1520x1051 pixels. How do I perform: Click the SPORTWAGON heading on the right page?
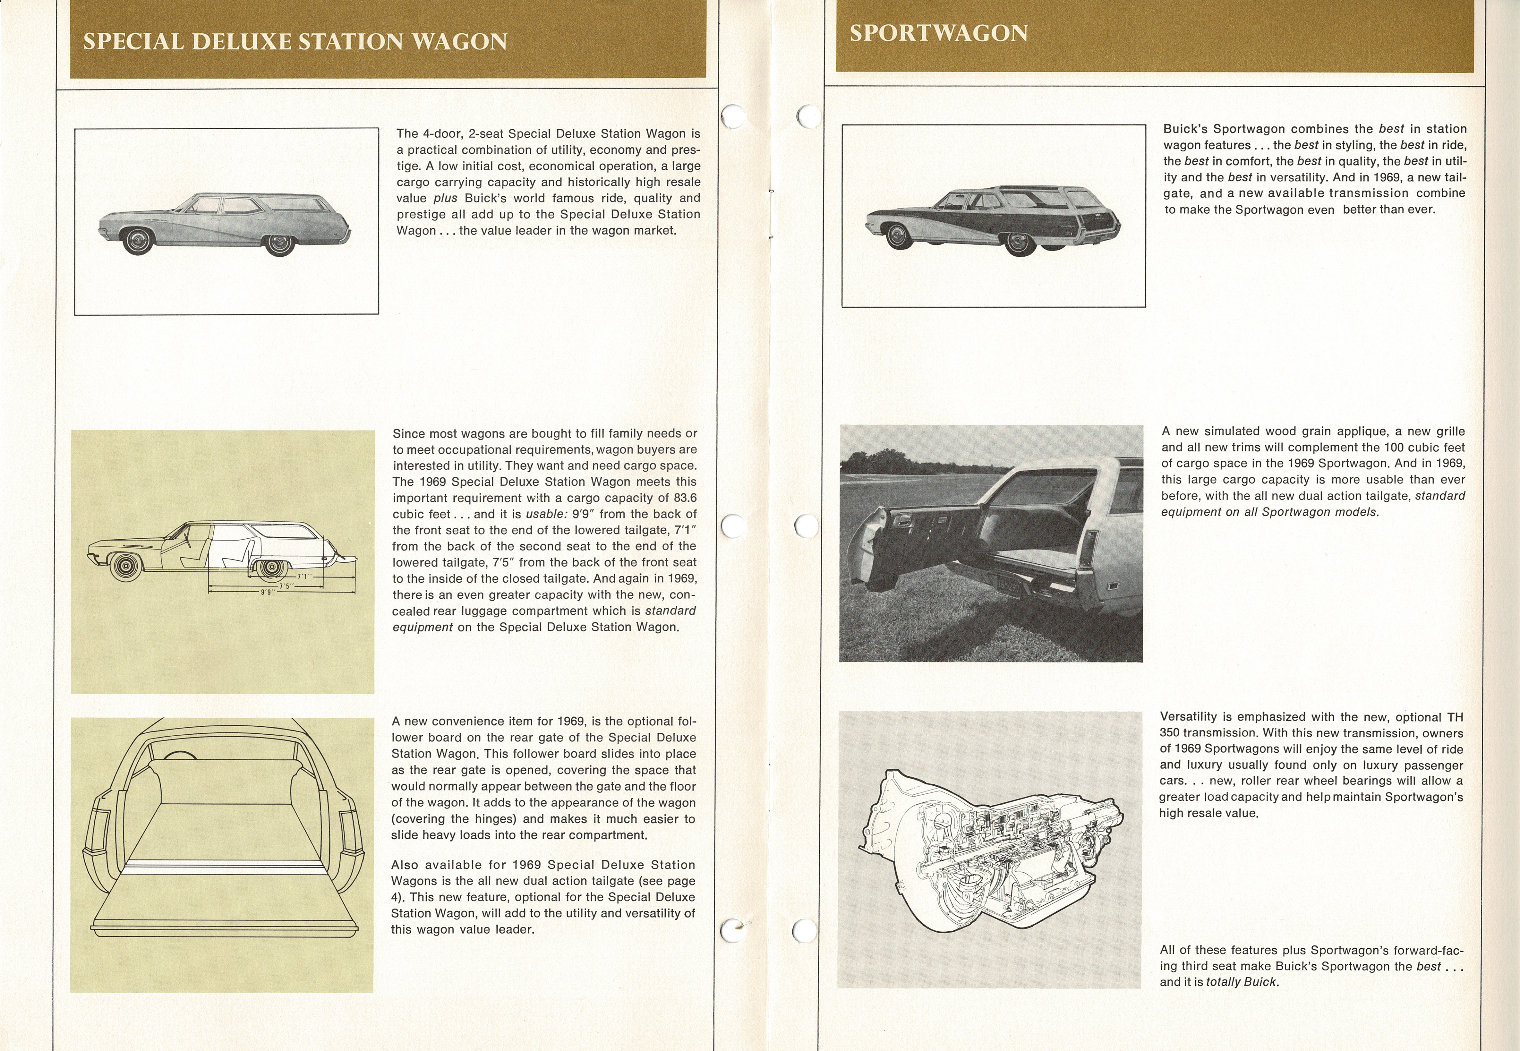click(x=938, y=33)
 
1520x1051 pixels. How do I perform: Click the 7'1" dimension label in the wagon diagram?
click(x=304, y=576)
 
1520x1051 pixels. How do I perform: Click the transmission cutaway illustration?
click(x=991, y=850)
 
